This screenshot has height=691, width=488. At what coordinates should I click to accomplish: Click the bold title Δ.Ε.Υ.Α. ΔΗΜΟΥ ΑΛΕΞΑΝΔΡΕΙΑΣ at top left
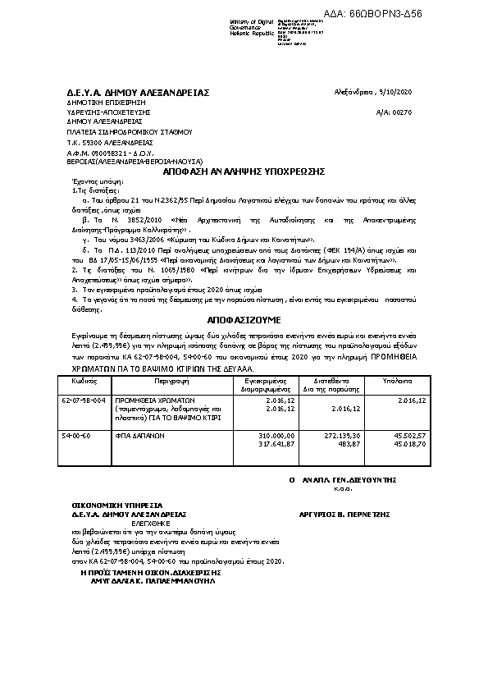click(138, 93)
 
